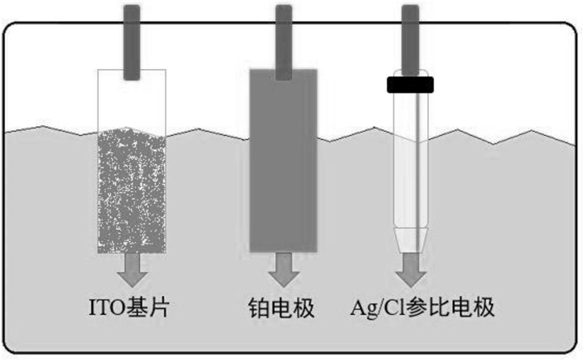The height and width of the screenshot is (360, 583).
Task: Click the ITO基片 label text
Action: coord(129,308)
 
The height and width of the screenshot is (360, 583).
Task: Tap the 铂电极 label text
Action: coord(281,308)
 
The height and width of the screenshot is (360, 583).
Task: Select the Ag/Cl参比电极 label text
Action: coord(422,308)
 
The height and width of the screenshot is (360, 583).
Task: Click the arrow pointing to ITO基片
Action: coord(132,270)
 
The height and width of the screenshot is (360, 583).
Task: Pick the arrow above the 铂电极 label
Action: coord(284,270)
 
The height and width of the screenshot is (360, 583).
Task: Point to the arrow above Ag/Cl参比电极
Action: coord(410,270)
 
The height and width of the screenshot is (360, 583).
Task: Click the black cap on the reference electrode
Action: coord(410,84)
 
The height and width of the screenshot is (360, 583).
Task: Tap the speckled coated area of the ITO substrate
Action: coord(131,191)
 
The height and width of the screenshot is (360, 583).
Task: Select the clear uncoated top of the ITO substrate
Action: coord(131,100)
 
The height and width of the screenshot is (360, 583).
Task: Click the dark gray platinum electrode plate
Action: coord(283,161)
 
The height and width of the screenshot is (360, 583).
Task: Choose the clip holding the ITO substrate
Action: coord(132,43)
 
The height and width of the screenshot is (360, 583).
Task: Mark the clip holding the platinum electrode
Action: coord(284,43)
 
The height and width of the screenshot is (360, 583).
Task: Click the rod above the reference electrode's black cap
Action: coord(410,40)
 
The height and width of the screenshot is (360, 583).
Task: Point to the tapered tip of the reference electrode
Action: coord(410,240)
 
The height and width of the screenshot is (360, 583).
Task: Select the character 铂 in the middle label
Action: coord(259,308)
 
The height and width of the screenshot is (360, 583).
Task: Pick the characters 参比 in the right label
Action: coord(429,308)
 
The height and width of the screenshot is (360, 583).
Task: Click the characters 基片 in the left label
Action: coord(148,308)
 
